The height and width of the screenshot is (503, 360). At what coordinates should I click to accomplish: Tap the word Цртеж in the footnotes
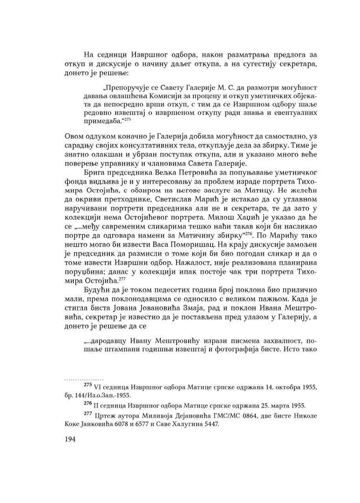[x=105, y=416]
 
